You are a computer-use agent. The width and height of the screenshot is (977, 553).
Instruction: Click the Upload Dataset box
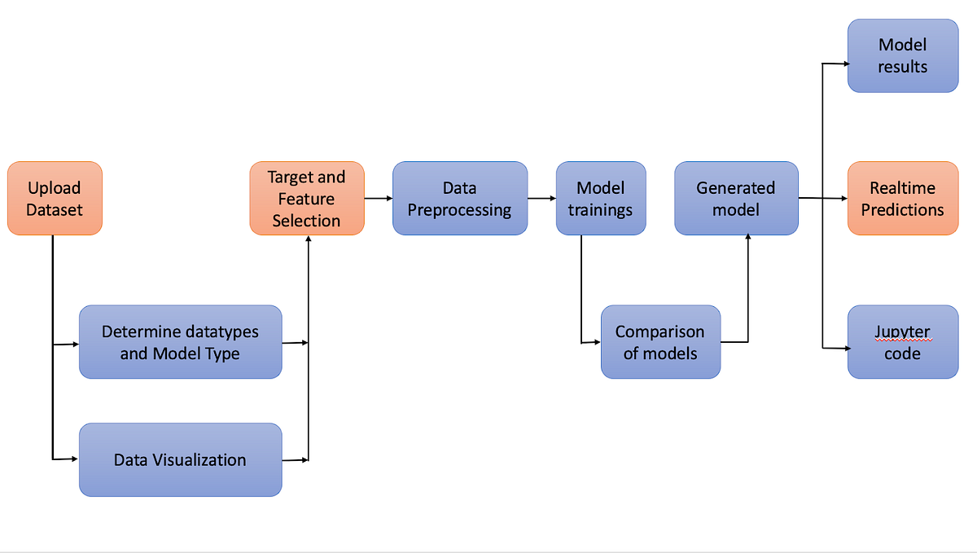click(55, 199)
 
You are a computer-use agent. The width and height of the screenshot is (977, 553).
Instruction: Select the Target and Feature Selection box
click(306, 199)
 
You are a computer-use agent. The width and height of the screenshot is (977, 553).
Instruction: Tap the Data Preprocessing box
click(459, 199)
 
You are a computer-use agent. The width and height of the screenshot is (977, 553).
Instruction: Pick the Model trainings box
click(601, 199)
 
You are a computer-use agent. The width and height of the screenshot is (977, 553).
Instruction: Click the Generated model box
click(736, 199)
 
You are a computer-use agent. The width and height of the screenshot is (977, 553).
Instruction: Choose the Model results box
click(902, 55)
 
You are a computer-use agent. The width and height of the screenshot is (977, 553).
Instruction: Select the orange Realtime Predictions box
click(902, 199)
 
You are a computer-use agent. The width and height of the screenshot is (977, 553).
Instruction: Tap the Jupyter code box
click(902, 342)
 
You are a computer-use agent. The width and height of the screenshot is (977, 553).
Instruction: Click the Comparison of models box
click(660, 342)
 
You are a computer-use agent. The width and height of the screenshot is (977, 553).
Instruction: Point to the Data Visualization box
click(180, 459)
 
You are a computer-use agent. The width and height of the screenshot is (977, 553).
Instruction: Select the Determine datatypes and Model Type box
click(180, 342)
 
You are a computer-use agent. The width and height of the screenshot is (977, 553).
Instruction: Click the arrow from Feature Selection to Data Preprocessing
click(378, 198)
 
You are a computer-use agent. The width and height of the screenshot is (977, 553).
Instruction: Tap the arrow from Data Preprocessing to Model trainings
click(541, 198)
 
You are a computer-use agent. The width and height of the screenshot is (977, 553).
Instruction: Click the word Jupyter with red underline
click(902, 332)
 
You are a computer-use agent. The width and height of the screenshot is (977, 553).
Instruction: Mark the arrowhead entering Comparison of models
click(597, 343)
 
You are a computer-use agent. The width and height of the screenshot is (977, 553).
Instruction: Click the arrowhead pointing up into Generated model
click(747, 239)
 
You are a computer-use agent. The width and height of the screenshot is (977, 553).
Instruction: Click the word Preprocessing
click(459, 210)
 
